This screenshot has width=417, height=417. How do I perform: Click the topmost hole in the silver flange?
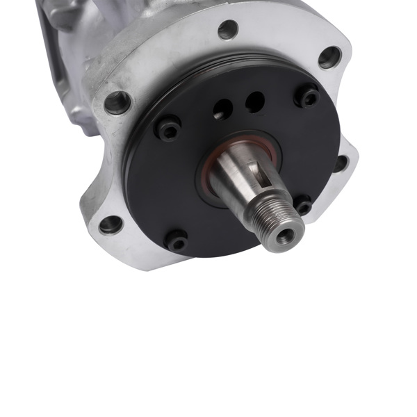point(227,30)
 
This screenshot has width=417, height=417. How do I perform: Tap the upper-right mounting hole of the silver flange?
point(329,57)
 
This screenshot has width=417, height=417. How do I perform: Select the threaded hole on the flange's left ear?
point(117,102)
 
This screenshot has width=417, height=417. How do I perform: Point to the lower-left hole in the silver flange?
point(111,224)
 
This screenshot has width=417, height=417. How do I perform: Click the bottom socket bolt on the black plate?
point(177,240)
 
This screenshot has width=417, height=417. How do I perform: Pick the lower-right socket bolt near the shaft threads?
point(302,206)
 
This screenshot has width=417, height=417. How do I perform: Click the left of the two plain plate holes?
point(222,108)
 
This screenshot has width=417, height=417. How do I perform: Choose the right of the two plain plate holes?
point(255,101)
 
